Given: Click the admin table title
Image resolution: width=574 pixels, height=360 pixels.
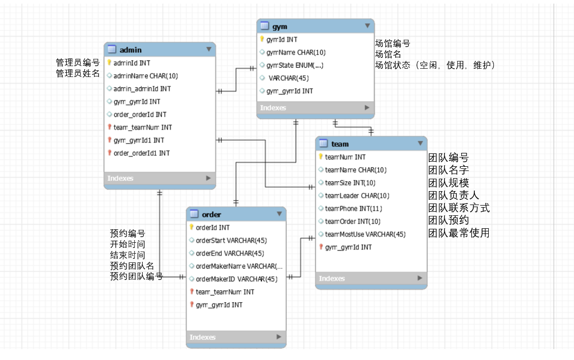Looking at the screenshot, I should pos(130,50).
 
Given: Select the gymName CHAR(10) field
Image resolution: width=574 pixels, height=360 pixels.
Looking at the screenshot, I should pos(296,52).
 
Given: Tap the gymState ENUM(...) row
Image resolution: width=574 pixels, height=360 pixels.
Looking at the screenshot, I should pos(294,65).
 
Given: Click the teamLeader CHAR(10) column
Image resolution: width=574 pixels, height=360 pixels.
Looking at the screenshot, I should pos(357,196).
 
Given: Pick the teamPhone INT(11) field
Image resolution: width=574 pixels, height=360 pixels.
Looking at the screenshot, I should pos(353,209).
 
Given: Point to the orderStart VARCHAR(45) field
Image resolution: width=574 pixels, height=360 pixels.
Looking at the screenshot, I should pos(231,240).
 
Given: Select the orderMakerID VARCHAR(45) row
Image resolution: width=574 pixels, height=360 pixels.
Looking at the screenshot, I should pos(236,279).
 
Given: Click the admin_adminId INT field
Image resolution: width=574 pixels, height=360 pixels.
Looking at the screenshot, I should pos(142,89).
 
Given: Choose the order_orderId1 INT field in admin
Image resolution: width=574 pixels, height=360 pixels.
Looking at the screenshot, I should pos(142,153).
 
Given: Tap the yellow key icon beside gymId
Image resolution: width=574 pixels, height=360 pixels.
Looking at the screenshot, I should pos(262,39).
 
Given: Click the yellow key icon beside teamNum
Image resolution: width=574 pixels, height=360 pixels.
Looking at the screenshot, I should pos(321,157).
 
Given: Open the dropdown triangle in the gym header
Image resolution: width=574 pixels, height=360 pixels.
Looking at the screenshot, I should pos(367,26).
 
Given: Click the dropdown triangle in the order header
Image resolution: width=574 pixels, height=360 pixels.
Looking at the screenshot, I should pos(280,214).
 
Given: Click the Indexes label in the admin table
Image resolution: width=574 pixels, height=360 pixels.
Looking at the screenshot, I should pos(120,178).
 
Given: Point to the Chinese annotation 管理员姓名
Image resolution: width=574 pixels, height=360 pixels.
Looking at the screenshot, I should pos(77,74).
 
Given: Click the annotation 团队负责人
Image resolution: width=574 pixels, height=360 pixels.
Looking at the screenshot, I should pos(454,196).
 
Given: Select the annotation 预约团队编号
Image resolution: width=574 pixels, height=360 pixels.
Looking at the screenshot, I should pos(136,276).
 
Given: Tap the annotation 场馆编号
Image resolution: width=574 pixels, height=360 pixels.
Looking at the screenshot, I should pos(392,43).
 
